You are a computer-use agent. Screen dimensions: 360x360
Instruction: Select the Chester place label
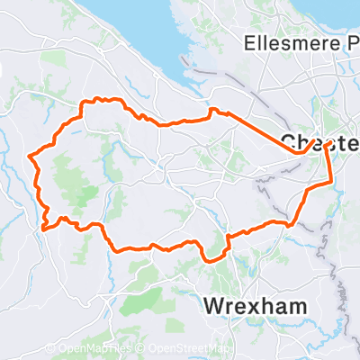point(320,143)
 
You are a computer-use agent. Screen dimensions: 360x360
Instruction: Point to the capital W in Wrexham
point(214,305)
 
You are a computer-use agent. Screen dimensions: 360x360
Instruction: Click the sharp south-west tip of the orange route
point(41,229)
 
